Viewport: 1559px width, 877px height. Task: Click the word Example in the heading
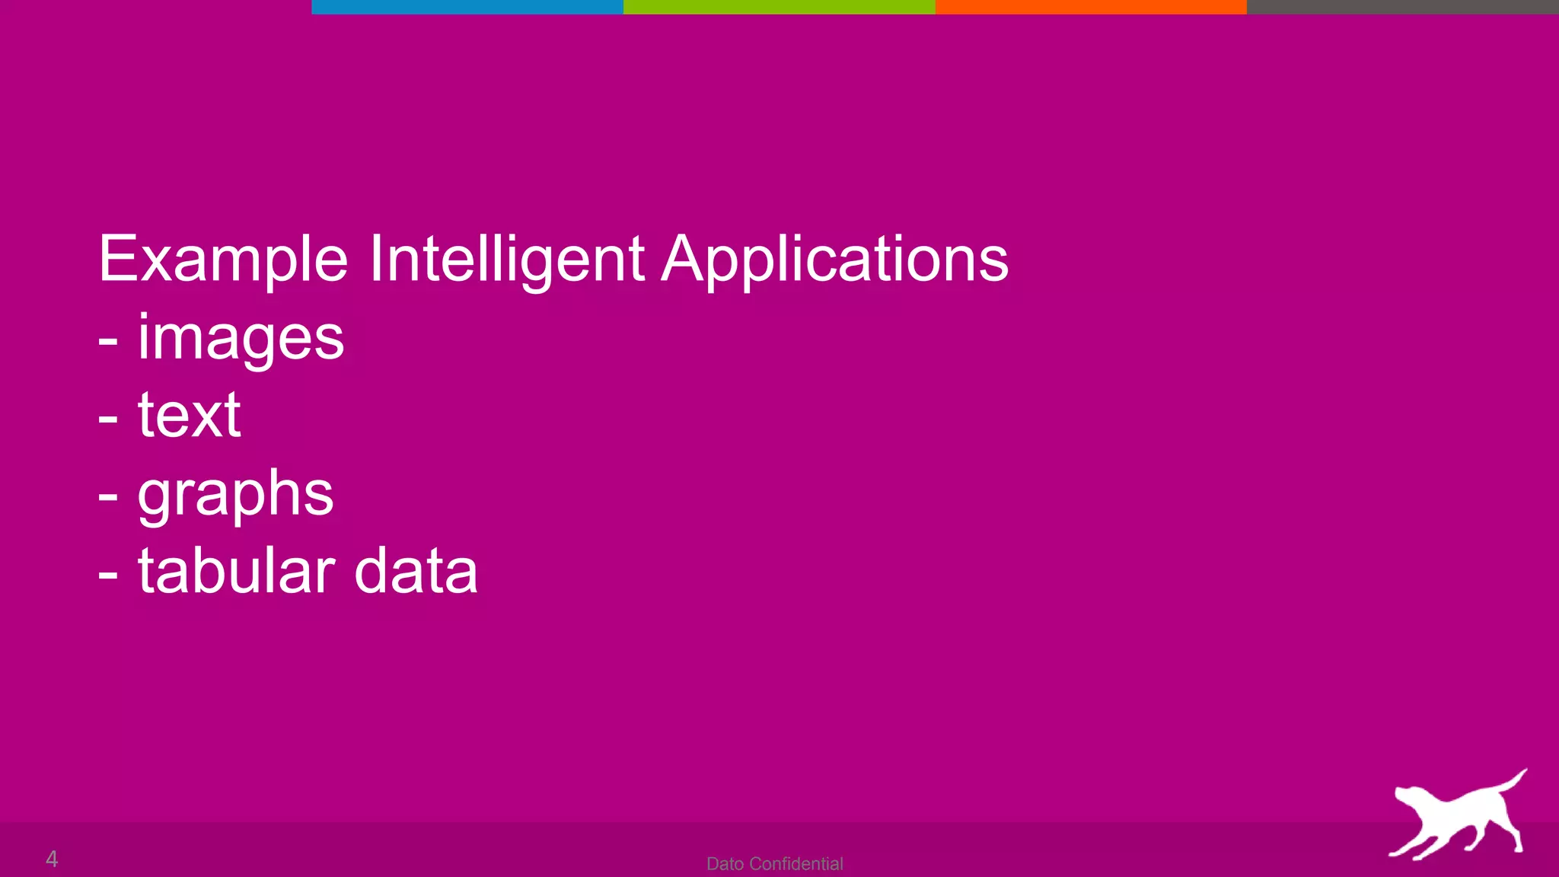coord(223,260)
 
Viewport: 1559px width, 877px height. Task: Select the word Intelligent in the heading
coord(507,260)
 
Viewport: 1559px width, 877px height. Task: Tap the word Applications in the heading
coord(834,260)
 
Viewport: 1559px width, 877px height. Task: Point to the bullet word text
coord(189,416)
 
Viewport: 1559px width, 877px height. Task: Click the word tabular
coord(236,571)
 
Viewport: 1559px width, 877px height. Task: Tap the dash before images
coord(108,341)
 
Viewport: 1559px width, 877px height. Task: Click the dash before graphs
coord(108,497)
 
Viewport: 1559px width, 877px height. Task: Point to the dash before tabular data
coord(108,575)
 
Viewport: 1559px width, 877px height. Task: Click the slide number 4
coord(52,859)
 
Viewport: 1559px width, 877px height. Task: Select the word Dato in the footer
coord(725,864)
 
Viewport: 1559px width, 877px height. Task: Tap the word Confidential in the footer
coord(796,864)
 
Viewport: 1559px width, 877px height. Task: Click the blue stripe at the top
coord(467,7)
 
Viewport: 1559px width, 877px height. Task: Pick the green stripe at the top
coord(779,7)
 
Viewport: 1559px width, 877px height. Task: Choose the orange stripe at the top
coord(1091,7)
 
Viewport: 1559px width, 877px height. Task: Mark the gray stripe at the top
coord(1402,7)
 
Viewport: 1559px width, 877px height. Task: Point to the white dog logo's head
coord(1408,799)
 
